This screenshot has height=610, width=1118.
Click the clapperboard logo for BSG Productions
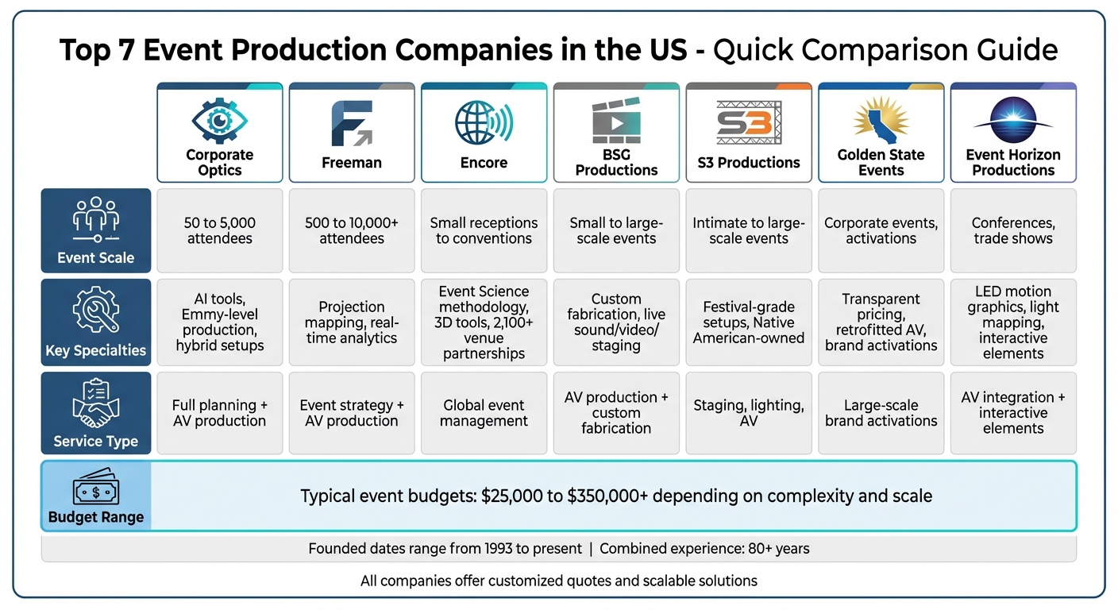[x=616, y=121]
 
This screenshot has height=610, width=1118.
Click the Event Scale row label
[x=95, y=257]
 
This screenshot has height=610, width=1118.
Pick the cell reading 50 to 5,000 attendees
[x=219, y=230]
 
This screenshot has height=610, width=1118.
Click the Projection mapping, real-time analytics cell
[x=351, y=322]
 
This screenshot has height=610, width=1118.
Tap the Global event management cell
[x=484, y=413]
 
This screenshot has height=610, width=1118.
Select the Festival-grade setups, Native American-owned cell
[x=749, y=322]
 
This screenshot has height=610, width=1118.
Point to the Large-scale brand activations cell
[x=881, y=413]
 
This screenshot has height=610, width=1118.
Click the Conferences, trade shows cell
[x=1012, y=230]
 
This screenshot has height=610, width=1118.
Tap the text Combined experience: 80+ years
[x=704, y=549]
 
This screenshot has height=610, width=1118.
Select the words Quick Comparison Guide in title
[x=885, y=50]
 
